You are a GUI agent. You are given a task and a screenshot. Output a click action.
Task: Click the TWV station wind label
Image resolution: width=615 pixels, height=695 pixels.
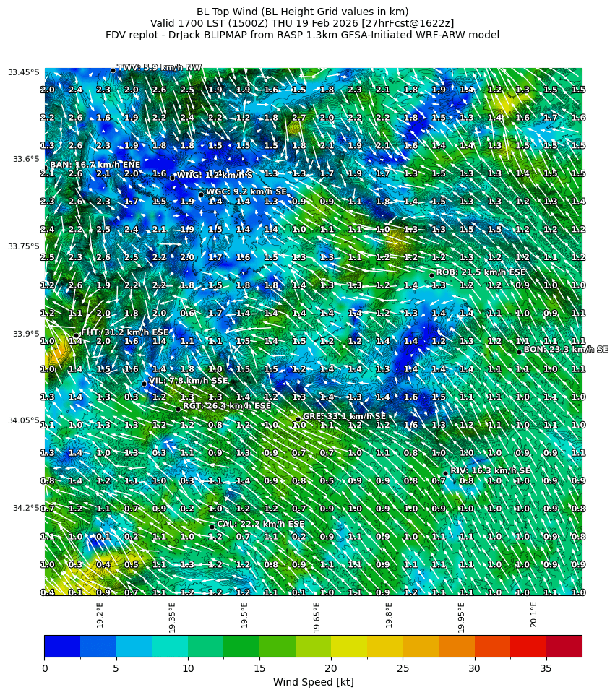[159, 67]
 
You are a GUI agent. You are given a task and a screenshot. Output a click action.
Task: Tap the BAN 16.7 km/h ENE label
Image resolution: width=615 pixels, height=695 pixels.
[95, 165]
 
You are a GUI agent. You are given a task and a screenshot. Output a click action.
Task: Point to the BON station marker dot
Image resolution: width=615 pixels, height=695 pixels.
[519, 352]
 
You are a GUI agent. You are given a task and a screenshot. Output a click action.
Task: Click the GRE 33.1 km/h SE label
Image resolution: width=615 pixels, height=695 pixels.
[344, 416]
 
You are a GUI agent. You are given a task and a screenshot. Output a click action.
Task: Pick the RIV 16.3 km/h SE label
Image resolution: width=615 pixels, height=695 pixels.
[491, 470]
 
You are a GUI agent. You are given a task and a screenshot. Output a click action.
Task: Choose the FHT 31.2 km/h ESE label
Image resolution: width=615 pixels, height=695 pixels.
[124, 332]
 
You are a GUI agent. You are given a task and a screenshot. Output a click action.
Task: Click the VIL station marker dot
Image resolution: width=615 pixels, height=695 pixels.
[145, 384]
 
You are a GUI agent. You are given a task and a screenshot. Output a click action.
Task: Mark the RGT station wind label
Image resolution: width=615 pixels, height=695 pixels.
[227, 406]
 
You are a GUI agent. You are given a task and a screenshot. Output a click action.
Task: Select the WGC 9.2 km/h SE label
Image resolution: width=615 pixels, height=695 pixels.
[246, 191]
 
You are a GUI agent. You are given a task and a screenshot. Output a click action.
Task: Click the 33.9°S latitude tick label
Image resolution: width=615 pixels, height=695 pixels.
[26, 334]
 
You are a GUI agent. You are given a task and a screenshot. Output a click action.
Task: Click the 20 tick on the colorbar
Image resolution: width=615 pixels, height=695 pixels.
[331, 669]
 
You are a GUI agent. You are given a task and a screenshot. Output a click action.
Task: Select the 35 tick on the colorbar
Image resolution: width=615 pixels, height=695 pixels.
[546, 669]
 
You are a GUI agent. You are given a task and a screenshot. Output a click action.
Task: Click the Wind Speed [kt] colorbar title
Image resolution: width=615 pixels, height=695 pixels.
[313, 683]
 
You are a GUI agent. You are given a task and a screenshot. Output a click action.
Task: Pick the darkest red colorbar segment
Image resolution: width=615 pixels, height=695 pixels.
[564, 646]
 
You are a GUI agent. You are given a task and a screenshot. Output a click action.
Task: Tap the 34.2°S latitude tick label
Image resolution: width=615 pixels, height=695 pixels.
[26, 508]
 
